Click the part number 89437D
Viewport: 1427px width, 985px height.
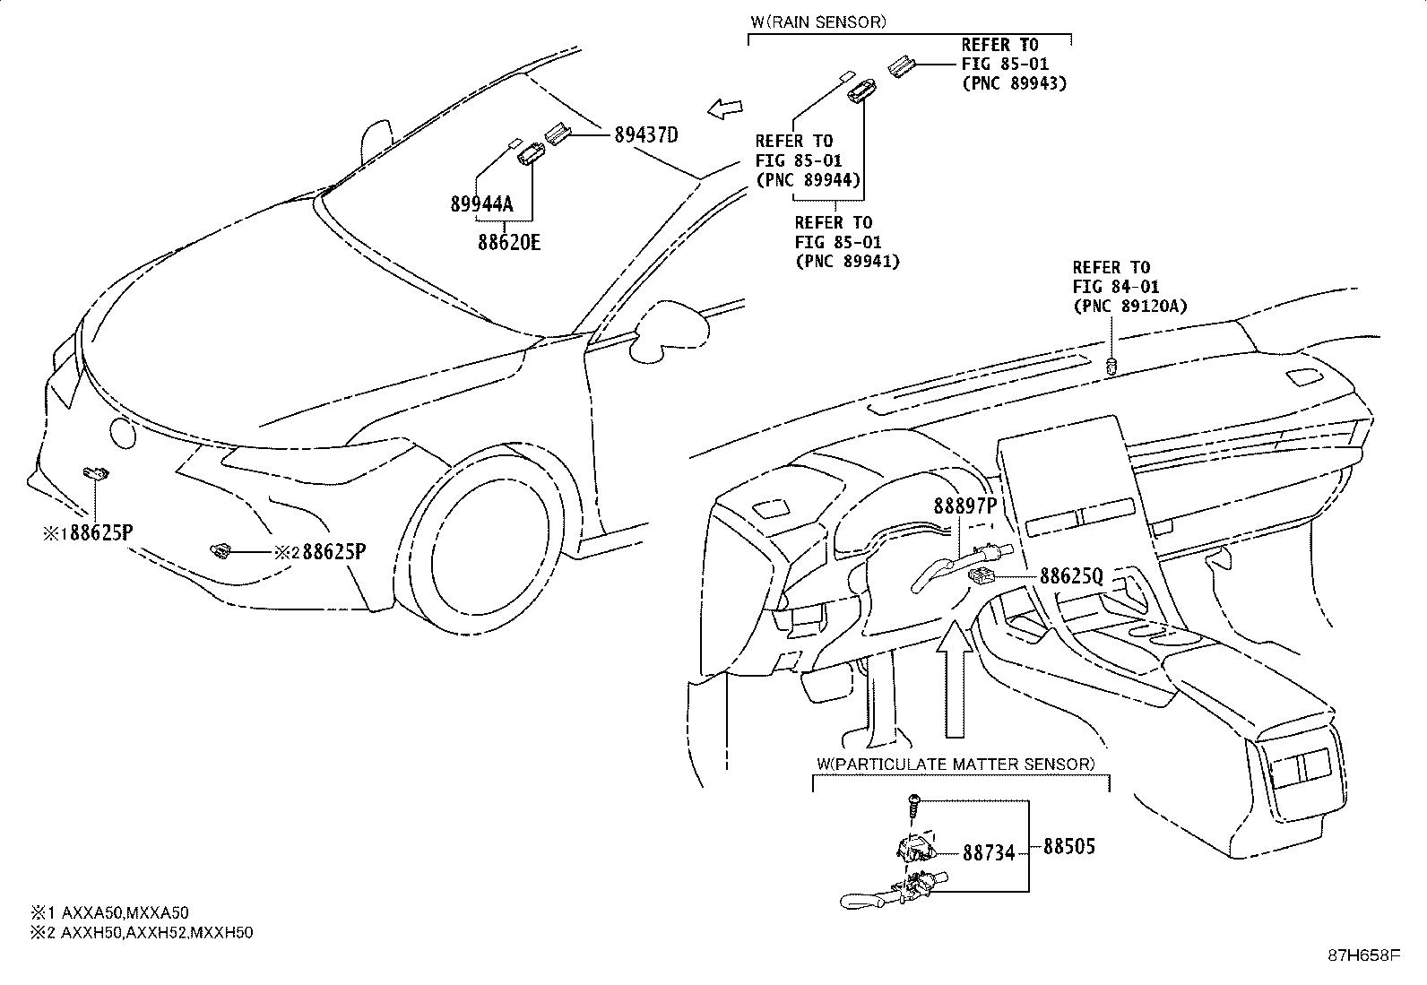(x=646, y=135)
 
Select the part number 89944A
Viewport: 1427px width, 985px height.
(x=481, y=203)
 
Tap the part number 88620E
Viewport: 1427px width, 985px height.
(x=509, y=242)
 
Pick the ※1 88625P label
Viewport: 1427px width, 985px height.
(x=88, y=532)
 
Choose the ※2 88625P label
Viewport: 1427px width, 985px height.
(x=320, y=552)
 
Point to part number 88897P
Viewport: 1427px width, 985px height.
(x=965, y=505)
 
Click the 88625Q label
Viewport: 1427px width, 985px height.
(x=1071, y=576)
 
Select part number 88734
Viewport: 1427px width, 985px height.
(x=988, y=853)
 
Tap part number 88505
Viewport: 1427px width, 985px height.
(x=1069, y=846)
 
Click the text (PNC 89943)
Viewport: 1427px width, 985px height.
(x=1014, y=83)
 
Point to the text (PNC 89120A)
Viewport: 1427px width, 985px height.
(x=1130, y=307)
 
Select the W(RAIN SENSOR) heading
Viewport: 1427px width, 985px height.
(x=818, y=22)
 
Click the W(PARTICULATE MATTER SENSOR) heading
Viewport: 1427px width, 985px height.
(x=956, y=764)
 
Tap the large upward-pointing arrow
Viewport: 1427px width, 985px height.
(x=955, y=679)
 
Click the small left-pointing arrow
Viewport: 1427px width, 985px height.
(x=725, y=109)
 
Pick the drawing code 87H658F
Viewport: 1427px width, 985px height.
(x=1364, y=955)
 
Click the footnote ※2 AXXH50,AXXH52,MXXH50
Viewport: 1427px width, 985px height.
(x=142, y=933)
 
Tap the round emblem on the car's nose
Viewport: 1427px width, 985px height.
(x=122, y=433)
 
